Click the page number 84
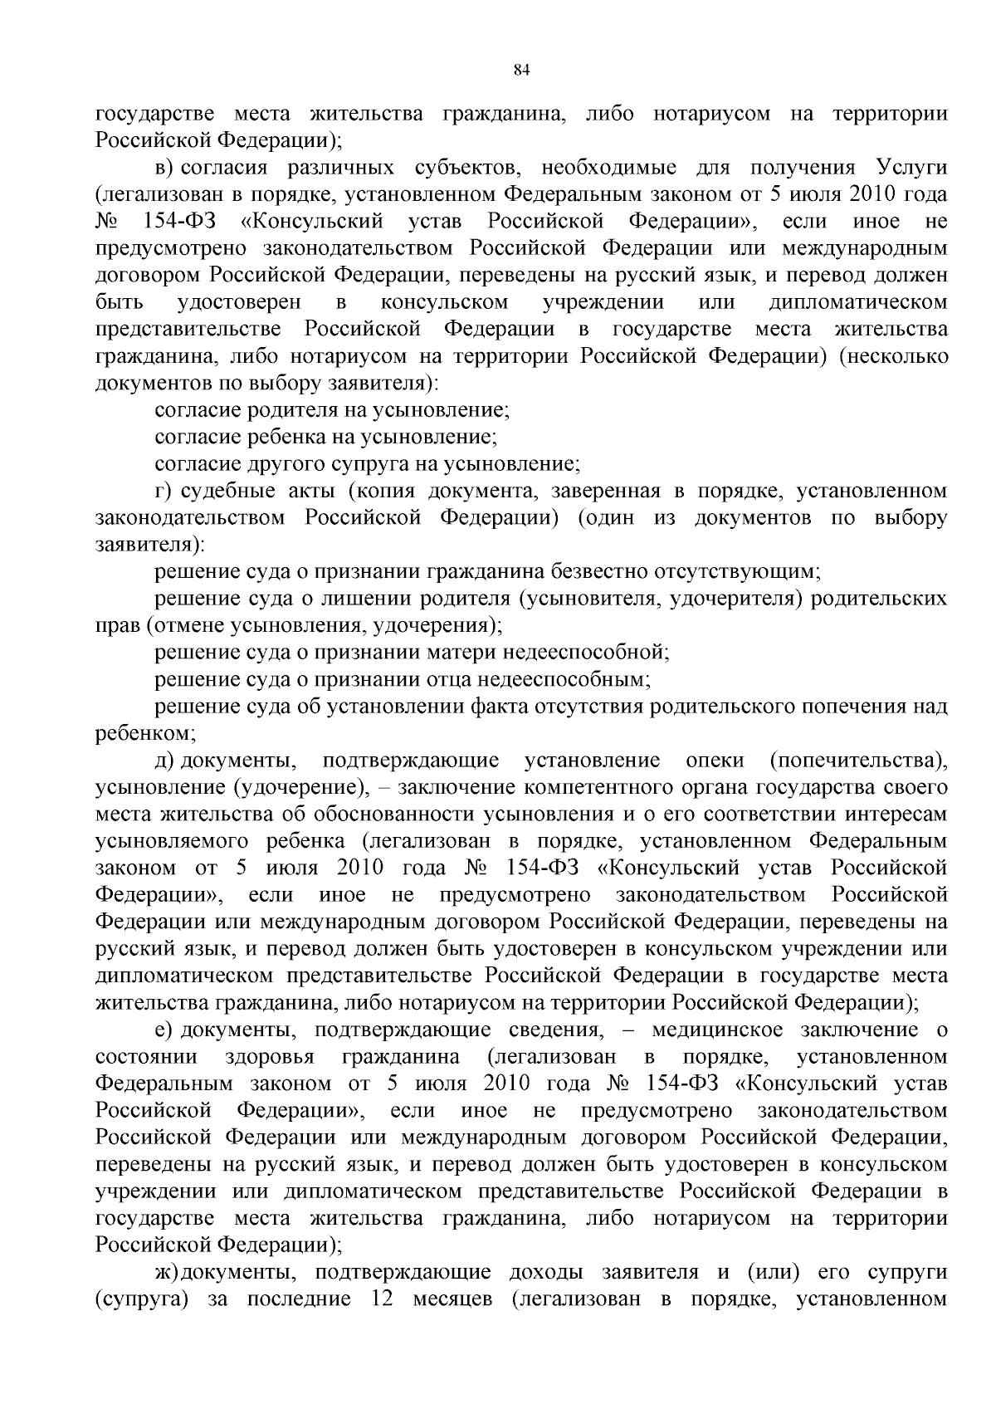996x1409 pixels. (521, 71)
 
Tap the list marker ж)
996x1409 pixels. (166, 1273)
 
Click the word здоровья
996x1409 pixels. (270, 1057)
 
